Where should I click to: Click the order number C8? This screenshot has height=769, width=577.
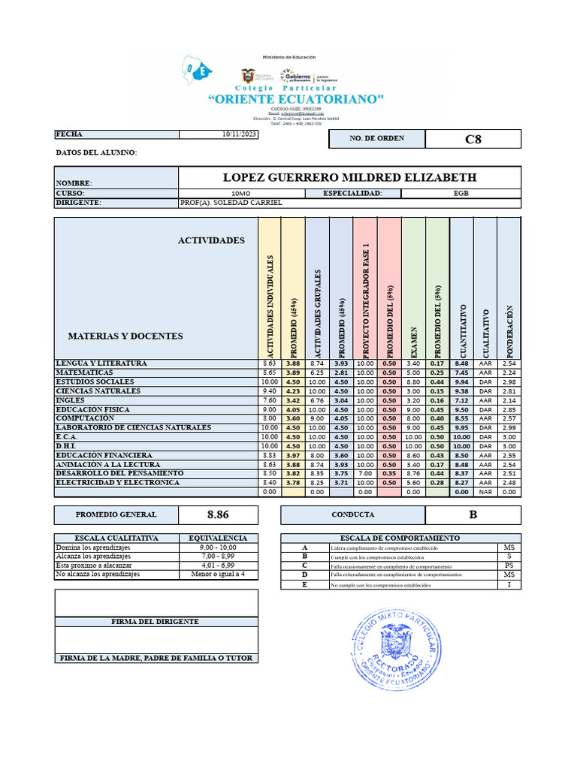pyautogui.click(x=473, y=139)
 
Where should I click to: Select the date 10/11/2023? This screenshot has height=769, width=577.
pyautogui.click(x=240, y=134)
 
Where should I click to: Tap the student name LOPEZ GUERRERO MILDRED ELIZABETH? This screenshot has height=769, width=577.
pyautogui.click(x=349, y=177)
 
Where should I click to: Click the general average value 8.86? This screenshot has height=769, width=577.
pyautogui.click(x=218, y=515)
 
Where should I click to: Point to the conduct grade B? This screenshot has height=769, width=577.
pyautogui.click(x=473, y=515)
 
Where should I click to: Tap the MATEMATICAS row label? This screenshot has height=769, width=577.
pyautogui.click(x=85, y=372)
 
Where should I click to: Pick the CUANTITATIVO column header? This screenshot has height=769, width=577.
pyautogui.click(x=463, y=330)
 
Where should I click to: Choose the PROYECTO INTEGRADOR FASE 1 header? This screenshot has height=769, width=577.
pyautogui.click(x=366, y=300)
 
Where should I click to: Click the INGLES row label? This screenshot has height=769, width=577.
pyautogui.click(x=71, y=400)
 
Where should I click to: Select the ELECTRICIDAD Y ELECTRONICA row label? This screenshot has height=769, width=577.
pyautogui.click(x=117, y=483)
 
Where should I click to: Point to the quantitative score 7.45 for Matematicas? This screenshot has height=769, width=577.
pyautogui.click(x=461, y=372)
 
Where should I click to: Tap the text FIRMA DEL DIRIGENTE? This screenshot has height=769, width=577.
pyautogui.click(x=156, y=622)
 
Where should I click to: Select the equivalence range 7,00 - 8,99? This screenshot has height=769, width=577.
pyautogui.click(x=218, y=556)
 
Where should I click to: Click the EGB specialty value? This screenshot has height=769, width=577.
pyautogui.click(x=461, y=194)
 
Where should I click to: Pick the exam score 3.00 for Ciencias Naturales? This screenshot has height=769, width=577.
pyautogui.click(x=413, y=391)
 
